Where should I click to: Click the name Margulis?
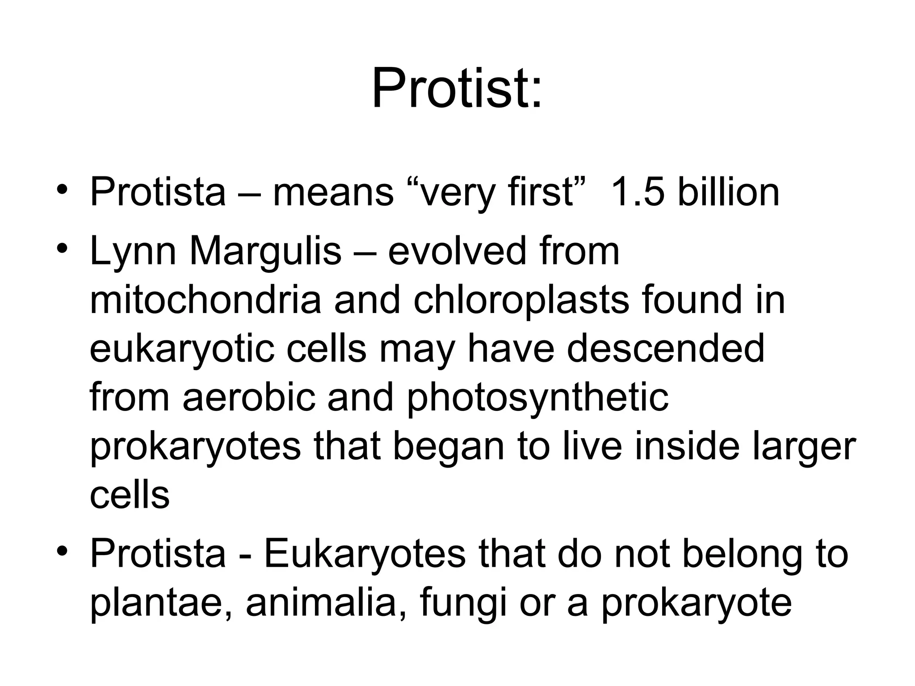click(x=265, y=251)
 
